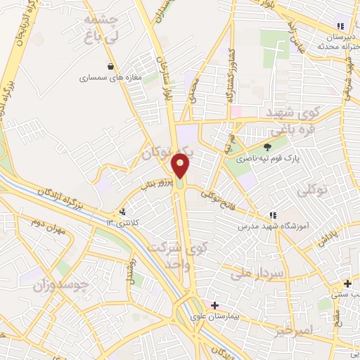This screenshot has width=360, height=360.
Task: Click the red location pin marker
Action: click(x=181, y=166)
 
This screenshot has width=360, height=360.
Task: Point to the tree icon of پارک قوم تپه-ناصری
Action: click(x=267, y=147)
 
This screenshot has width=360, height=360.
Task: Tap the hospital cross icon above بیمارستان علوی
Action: click(x=214, y=305)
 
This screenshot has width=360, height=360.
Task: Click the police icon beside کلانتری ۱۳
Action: click(x=123, y=211)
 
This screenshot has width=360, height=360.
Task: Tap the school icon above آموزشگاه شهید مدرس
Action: click(x=271, y=215)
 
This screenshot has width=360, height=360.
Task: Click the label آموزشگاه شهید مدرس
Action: click(x=264, y=227)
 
